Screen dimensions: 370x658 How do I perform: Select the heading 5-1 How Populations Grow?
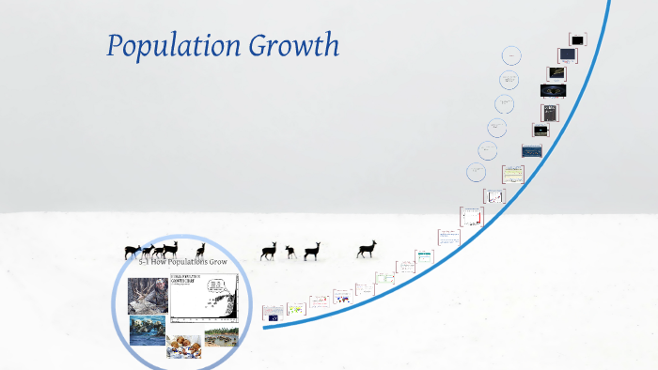coord(183,262)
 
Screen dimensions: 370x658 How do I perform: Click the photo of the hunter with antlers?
coord(149,294)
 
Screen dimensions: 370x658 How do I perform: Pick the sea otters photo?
coord(148,331)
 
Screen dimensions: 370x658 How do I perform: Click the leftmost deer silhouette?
coord(133,252)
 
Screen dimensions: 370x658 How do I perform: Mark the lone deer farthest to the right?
coord(367,249)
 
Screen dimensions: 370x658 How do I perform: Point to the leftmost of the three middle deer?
coord(270,250)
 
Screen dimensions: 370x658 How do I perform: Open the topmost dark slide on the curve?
coord(577,40)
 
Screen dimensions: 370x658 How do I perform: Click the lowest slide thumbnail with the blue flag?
coord(273,313)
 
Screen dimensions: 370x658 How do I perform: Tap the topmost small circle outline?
coord(511,54)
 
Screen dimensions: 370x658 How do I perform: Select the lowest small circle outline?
coord(477,172)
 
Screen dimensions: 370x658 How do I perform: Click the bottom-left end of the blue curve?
coord(264,327)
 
